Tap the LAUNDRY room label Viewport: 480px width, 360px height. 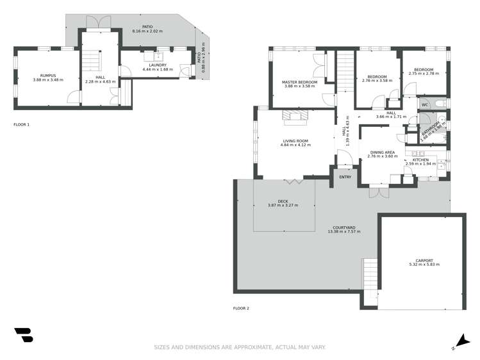pos(158,65)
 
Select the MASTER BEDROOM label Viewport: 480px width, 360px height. pos(300,83)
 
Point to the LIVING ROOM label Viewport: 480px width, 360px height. pos(295,141)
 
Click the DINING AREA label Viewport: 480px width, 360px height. pos(382,152)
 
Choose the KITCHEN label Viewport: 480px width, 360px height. pos(420,160)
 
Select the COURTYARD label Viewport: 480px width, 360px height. pos(344,227)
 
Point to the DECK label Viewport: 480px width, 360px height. pos(283,201)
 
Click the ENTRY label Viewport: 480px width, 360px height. pos(345,177)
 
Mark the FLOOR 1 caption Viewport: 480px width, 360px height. pos(21,124)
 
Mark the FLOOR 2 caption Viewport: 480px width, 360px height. pos(241,308)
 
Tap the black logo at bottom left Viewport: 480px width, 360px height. pos(23,335)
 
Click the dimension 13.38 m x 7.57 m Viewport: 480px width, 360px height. pos(344,232)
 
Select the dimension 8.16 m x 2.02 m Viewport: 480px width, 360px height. pos(147,31)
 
